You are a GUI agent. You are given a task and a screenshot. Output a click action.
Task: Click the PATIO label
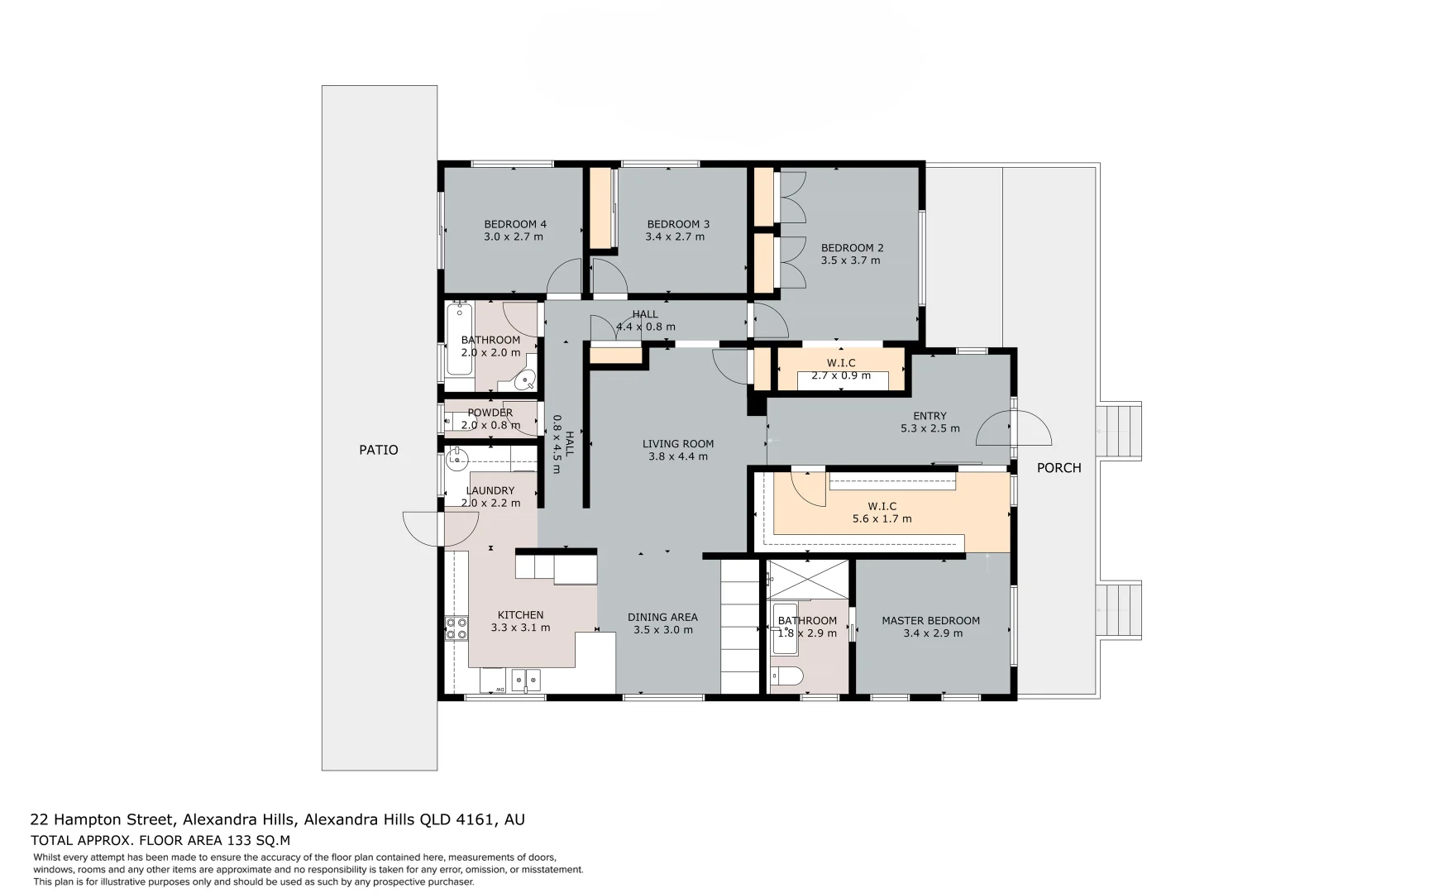378,450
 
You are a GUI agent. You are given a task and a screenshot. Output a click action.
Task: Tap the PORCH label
1059,468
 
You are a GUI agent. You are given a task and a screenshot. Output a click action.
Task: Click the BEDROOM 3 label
678,224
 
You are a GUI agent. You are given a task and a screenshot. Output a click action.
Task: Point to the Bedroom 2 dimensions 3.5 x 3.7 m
850,260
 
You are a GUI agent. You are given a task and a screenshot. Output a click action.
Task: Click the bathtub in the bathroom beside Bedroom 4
459,340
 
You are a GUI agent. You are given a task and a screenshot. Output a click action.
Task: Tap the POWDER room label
490,413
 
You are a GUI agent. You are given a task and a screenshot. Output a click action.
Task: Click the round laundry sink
456,458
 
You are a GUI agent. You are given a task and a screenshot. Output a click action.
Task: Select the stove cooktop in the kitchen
456,628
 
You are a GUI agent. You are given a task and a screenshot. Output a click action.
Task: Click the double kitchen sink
525,680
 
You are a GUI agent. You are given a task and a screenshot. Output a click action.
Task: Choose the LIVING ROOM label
677,444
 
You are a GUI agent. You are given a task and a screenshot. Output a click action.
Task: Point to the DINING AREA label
662,617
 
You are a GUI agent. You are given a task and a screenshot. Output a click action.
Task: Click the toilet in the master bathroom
786,677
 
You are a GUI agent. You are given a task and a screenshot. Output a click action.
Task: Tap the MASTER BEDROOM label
930,621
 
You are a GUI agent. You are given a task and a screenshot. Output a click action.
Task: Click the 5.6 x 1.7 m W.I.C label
882,513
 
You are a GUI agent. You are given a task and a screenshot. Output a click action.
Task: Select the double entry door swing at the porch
1014,427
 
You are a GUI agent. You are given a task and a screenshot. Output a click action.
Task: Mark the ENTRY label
930,416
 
